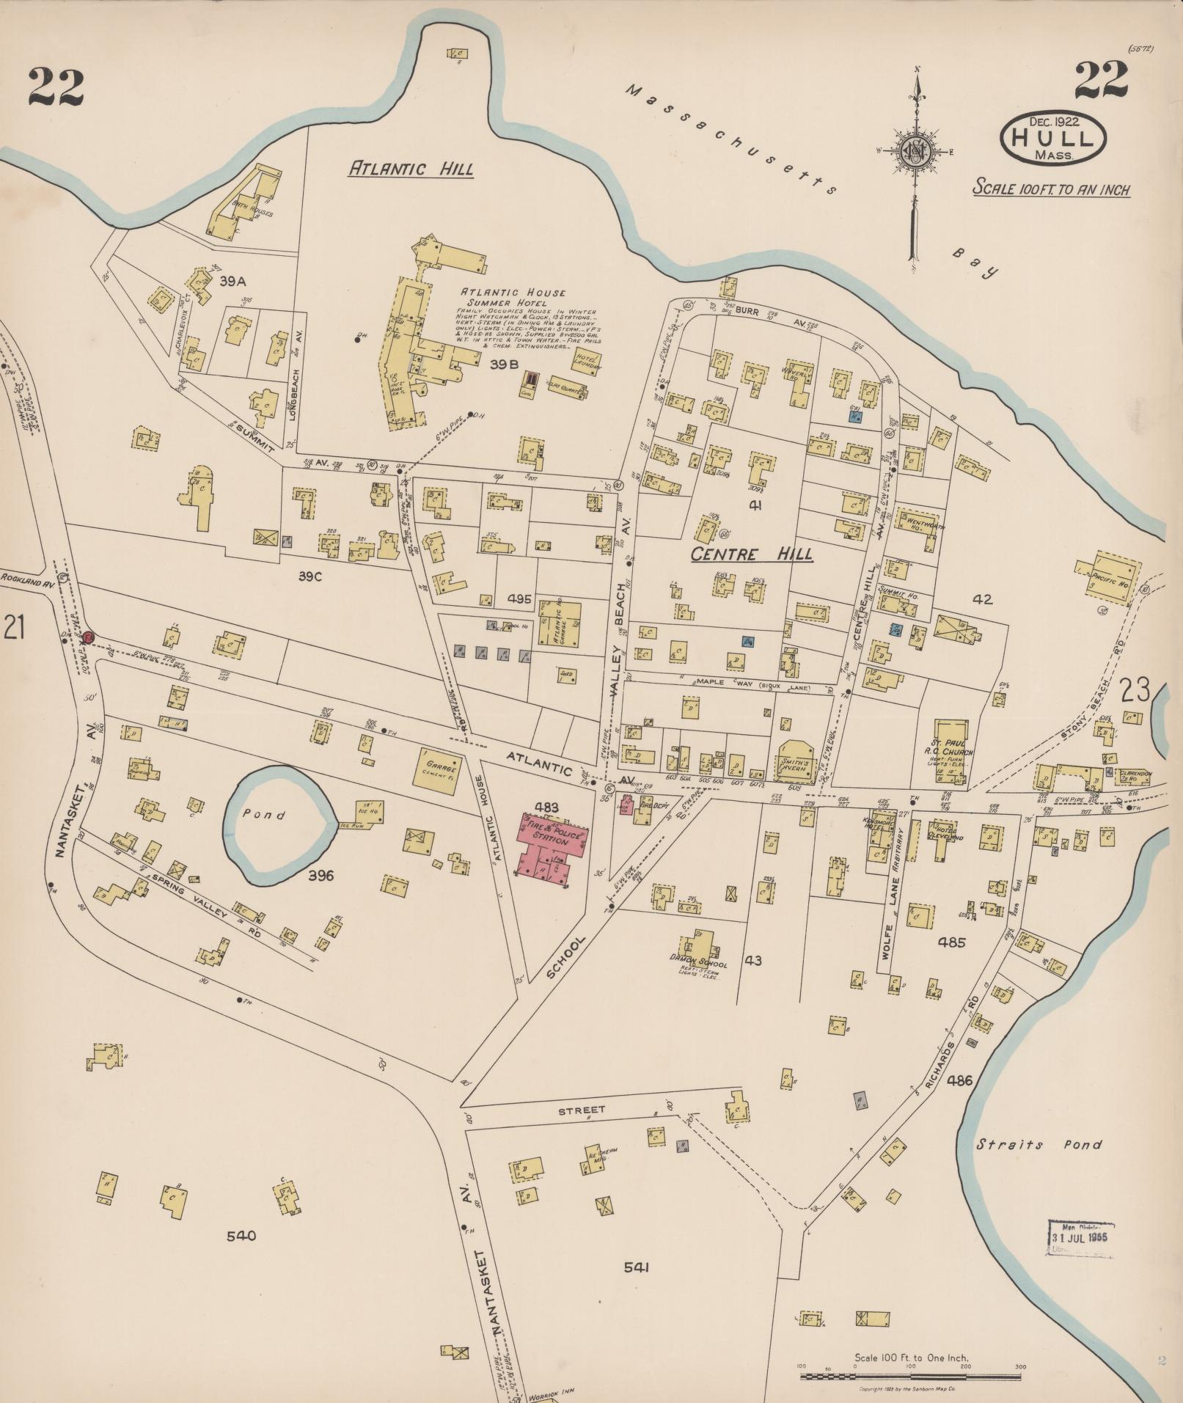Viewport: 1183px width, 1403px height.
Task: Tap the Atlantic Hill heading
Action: [x=411, y=169]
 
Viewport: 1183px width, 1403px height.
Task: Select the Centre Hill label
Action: [x=752, y=554]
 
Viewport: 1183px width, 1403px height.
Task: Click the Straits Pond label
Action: [x=1039, y=1144]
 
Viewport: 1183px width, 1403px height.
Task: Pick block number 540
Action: [x=241, y=1237]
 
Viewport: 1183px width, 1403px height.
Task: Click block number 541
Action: [x=637, y=1267]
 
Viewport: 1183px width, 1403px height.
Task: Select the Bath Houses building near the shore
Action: [x=244, y=202]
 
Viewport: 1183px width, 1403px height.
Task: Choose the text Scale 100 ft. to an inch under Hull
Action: [x=1051, y=189]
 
